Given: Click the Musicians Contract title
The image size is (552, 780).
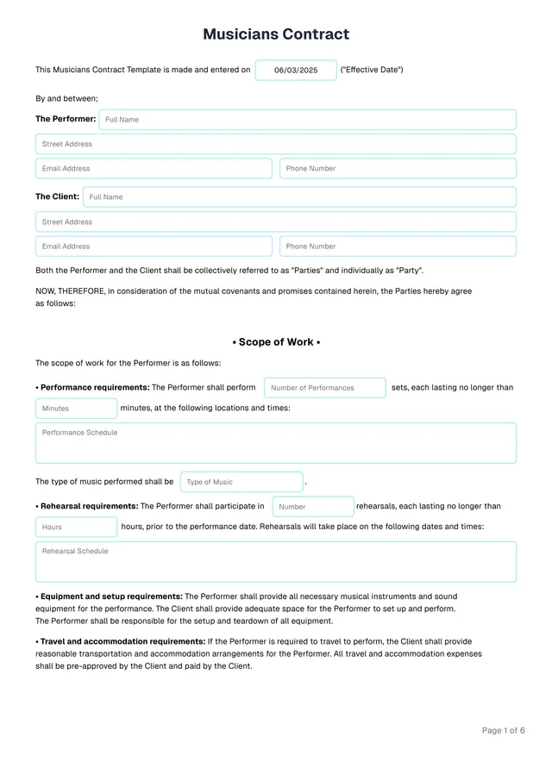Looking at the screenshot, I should [276, 34].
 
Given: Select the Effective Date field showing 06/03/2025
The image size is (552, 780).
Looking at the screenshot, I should [296, 70].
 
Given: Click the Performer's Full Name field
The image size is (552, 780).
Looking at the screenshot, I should [307, 120].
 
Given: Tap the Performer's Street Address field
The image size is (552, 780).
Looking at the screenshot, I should [276, 144].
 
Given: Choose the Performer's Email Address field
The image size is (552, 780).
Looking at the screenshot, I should [154, 169].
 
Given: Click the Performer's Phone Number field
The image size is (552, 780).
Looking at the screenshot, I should [398, 169].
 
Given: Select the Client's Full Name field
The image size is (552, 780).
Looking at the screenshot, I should [299, 197].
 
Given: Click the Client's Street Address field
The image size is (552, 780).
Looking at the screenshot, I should [276, 222].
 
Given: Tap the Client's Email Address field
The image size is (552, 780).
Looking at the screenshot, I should [154, 246].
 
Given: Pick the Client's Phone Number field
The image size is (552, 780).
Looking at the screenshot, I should [398, 246].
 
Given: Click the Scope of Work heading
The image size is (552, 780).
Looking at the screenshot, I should [276, 342].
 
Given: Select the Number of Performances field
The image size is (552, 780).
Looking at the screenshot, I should [324, 388].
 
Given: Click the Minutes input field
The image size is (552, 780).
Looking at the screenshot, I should [76, 409].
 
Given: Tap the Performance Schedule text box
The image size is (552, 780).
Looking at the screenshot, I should [276, 443].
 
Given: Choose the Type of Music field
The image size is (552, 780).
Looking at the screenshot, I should [241, 482].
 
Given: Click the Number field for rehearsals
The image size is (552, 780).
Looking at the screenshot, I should [313, 507].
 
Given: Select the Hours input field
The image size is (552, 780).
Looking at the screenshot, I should [76, 527].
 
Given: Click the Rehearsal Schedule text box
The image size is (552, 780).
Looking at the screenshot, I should [276, 562].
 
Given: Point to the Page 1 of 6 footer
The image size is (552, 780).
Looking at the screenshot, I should [503, 731].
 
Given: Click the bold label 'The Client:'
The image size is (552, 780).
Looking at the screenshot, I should [57, 197].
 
